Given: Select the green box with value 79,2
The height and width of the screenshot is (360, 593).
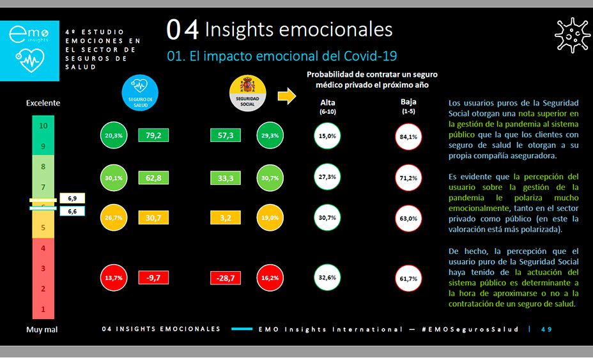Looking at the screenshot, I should (x=153, y=136).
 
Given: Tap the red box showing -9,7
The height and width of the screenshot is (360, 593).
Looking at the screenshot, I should (x=153, y=278).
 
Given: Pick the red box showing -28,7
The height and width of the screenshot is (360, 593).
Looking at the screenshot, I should (x=225, y=278).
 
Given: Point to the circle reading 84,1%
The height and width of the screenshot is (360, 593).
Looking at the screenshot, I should (x=408, y=136).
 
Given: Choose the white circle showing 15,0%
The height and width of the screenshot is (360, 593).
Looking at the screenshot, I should (x=327, y=136).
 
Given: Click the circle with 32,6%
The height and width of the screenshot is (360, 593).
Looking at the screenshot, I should (x=327, y=278).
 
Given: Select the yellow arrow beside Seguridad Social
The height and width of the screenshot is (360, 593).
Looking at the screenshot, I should (x=287, y=97).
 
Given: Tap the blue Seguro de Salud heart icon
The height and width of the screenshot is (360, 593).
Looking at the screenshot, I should (x=139, y=91).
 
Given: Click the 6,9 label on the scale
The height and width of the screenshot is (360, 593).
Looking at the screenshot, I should (x=72, y=199).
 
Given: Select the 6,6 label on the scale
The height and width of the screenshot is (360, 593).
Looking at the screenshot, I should (x=72, y=211).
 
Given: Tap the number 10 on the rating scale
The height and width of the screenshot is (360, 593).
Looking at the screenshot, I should (x=43, y=126).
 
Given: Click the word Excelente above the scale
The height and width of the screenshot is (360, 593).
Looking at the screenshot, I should (x=43, y=103).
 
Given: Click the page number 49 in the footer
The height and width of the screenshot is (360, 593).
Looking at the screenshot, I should (x=546, y=329).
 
